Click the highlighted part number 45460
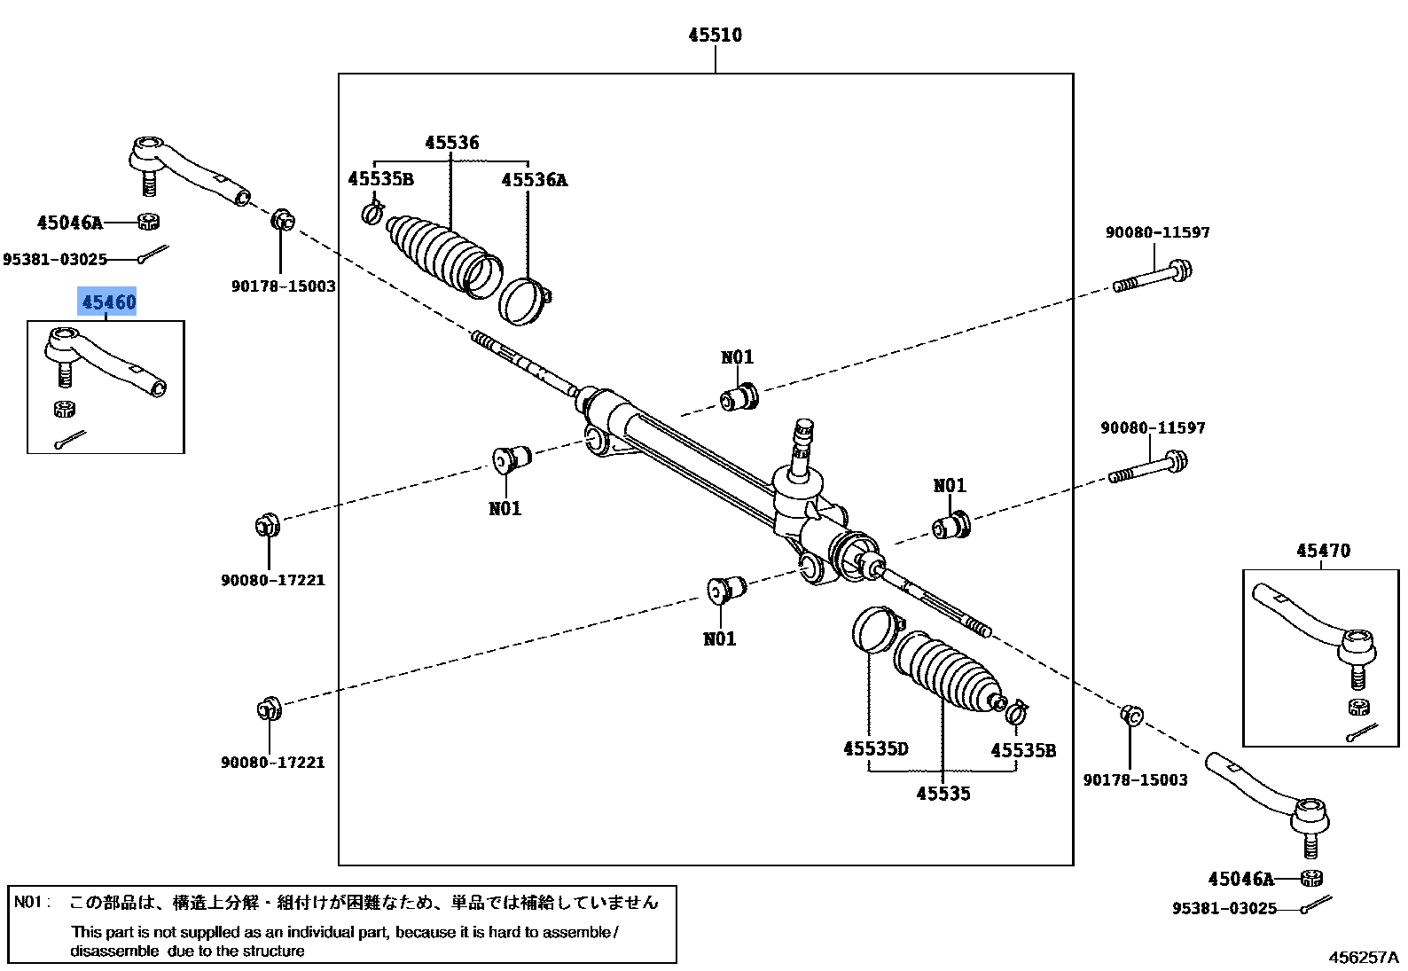tap(109, 302)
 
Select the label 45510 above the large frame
tap(715, 35)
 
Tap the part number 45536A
tap(534, 180)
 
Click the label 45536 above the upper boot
tap(451, 143)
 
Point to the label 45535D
tap(875, 749)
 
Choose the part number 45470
tap(1323, 551)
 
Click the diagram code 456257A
tap(1362, 958)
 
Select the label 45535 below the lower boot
tap(943, 794)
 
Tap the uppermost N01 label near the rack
tap(737, 357)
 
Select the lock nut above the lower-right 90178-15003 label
tap(1131, 715)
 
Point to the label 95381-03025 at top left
tap(55, 260)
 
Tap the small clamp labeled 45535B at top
tap(373, 213)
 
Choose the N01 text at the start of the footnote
tap(29, 903)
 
